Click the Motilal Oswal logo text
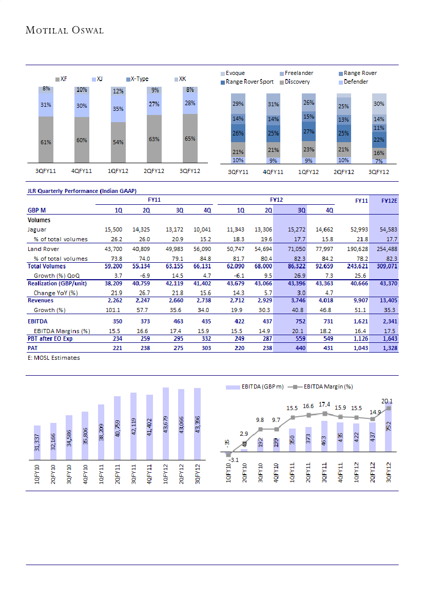point(65,30)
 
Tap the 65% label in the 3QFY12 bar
point(190,139)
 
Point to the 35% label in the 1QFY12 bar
point(118,109)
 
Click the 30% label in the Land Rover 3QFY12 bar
point(379,104)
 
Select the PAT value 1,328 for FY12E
point(389,348)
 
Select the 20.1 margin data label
point(388,401)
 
